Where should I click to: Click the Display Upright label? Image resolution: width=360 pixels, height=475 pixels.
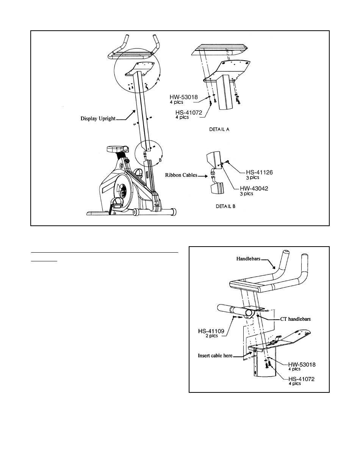point(98,118)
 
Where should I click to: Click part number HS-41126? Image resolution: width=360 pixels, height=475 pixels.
point(257,172)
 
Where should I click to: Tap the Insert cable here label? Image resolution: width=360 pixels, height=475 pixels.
point(214,356)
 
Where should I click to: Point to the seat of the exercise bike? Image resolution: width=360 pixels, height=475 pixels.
point(117,148)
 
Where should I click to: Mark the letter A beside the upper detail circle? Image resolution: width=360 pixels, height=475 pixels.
point(160,80)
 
